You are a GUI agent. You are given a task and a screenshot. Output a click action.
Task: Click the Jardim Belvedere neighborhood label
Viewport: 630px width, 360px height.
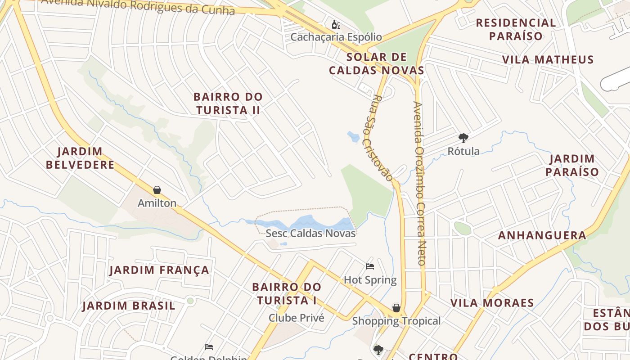(x=80, y=158)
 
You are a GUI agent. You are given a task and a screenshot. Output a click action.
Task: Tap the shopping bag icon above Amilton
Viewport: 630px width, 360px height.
(x=157, y=190)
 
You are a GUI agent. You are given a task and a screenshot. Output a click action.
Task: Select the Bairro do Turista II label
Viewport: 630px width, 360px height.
(x=228, y=103)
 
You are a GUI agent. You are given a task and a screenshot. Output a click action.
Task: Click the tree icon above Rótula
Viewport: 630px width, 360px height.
(x=463, y=138)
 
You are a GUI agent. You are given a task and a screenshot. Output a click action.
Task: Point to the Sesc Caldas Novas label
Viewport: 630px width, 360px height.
(x=310, y=233)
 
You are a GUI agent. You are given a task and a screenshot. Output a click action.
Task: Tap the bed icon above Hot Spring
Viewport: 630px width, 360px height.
(x=370, y=266)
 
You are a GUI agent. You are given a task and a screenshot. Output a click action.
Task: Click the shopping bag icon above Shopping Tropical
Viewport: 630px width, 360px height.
(x=396, y=308)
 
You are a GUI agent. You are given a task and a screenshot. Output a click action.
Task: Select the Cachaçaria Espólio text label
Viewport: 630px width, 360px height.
(x=336, y=37)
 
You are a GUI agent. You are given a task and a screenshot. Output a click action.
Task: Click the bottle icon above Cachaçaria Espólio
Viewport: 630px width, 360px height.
(x=336, y=24)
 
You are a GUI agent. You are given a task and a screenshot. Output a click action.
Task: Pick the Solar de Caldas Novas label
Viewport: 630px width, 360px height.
(x=377, y=64)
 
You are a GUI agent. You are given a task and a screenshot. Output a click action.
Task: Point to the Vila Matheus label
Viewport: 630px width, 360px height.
(x=548, y=59)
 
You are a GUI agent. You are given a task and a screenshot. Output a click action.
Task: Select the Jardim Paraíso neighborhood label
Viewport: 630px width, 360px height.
(x=572, y=165)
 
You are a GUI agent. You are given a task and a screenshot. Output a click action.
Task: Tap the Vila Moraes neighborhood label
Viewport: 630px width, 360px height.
(x=492, y=302)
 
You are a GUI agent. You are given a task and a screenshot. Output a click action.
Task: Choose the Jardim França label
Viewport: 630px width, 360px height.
(x=159, y=270)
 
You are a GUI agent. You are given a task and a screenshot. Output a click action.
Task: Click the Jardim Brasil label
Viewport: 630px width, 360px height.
(x=128, y=306)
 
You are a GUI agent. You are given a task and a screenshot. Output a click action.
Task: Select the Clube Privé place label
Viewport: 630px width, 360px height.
(x=296, y=318)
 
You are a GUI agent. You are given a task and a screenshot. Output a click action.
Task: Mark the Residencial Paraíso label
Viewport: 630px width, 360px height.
(x=516, y=29)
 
